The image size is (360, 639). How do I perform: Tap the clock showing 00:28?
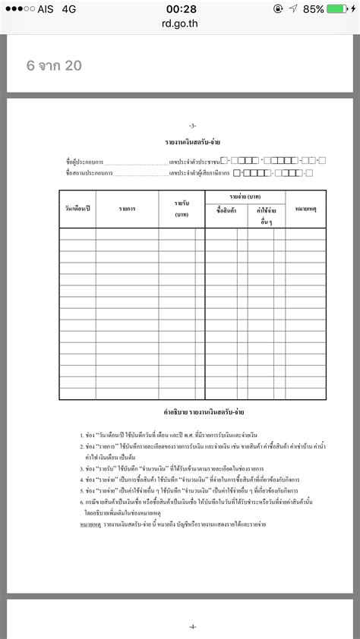click(x=180, y=9)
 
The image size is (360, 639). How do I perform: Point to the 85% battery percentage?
click(x=313, y=9)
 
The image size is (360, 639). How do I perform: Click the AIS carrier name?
click(x=44, y=9)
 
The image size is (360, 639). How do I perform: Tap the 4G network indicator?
click(x=69, y=9)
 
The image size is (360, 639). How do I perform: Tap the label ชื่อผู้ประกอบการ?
click(x=84, y=162)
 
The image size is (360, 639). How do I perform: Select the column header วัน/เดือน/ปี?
click(x=77, y=208)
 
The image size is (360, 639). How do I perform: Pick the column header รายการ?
click(x=127, y=208)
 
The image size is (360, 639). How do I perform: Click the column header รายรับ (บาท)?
click(x=182, y=208)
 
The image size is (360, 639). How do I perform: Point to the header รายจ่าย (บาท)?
click(x=245, y=197)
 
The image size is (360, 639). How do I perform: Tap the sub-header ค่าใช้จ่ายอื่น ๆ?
click(x=265, y=215)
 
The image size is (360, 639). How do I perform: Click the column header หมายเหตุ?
click(x=306, y=208)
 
